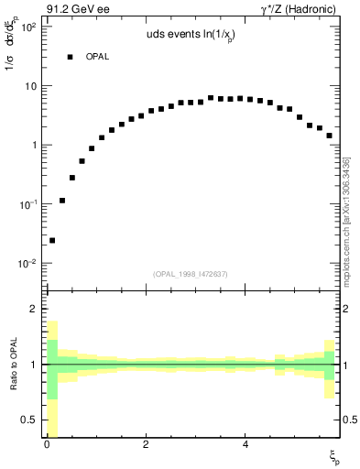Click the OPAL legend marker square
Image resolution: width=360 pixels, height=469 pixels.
click(70, 57)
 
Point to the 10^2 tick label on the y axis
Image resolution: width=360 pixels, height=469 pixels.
click(26, 27)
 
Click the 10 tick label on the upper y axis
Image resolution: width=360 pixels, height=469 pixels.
click(29, 86)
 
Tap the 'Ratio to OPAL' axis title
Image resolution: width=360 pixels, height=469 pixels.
click(11, 366)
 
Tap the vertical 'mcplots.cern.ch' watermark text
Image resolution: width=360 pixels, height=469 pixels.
click(348, 220)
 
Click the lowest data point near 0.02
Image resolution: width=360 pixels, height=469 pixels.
click(52, 240)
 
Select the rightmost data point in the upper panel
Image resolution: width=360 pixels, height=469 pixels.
click(329, 136)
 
